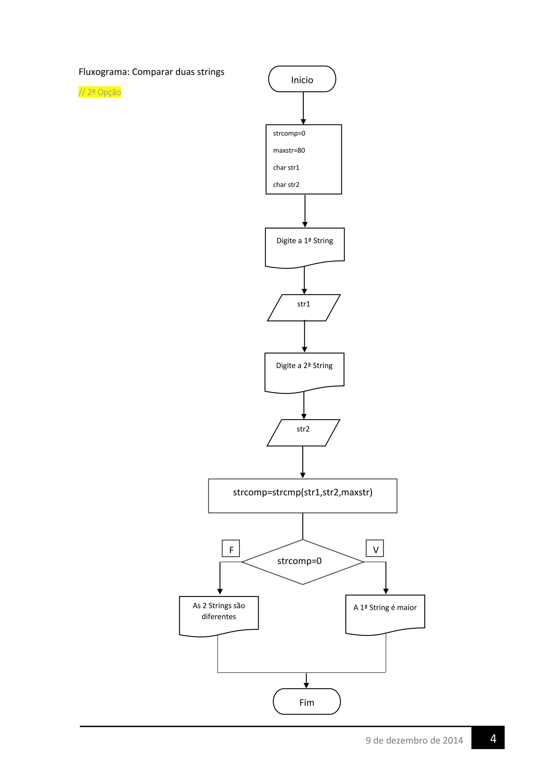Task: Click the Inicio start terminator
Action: pyautogui.click(x=302, y=79)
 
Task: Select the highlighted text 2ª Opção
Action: pyautogui.click(x=100, y=92)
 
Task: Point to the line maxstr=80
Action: pyautogui.click(x=289, y=150)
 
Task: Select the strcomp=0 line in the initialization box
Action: pyautogui.click(x=289, y=133)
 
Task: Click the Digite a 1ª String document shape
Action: pyautogui.click(x=305, y=245)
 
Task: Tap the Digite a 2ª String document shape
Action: pyautogui.click(x=304, y=370)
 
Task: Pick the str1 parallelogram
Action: pyautogui.click(x=303, y=307)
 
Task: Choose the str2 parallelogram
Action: pyautogui.click(x=303, y=432)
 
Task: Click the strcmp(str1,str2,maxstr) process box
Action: pyautogui.click(x=302, y=495)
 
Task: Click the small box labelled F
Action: pyautogui.click(x=231, y=548)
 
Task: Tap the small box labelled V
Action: pyautogui.click(x=375, y=548)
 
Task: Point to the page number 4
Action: pyautogui.click(x=493, y=738)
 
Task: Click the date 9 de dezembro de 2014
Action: pyautogui.click(x=414, y=740)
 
